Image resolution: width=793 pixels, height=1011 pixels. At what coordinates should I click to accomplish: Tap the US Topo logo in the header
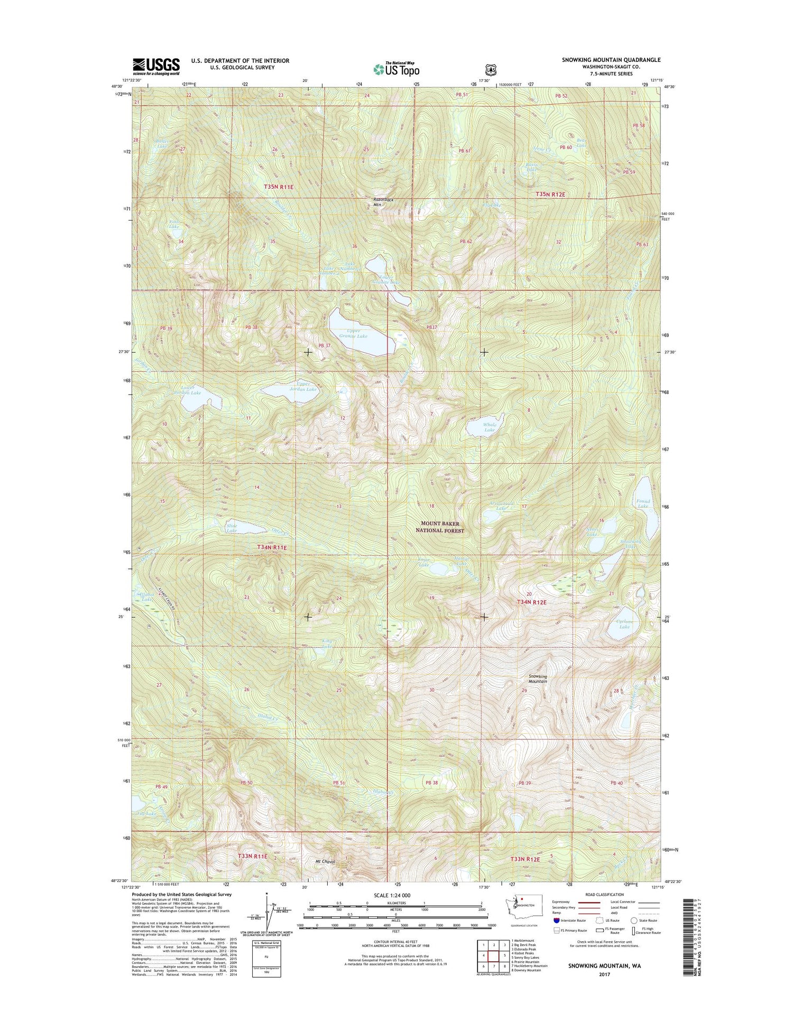pos(396,69)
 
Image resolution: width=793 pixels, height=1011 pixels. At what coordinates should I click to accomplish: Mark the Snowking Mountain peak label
pos(538,679)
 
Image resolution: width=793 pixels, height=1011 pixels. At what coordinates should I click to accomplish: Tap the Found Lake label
pos(643,503)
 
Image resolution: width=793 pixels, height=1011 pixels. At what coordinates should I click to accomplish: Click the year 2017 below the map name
pos(604,974)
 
